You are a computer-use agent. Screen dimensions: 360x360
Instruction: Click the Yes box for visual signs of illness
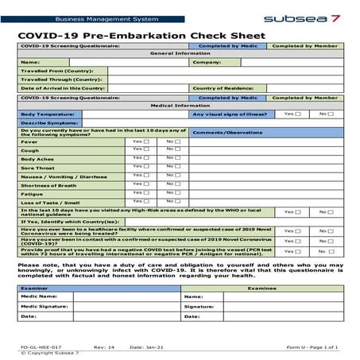[299, 114]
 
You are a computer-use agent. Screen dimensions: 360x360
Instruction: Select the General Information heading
[180, 53]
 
